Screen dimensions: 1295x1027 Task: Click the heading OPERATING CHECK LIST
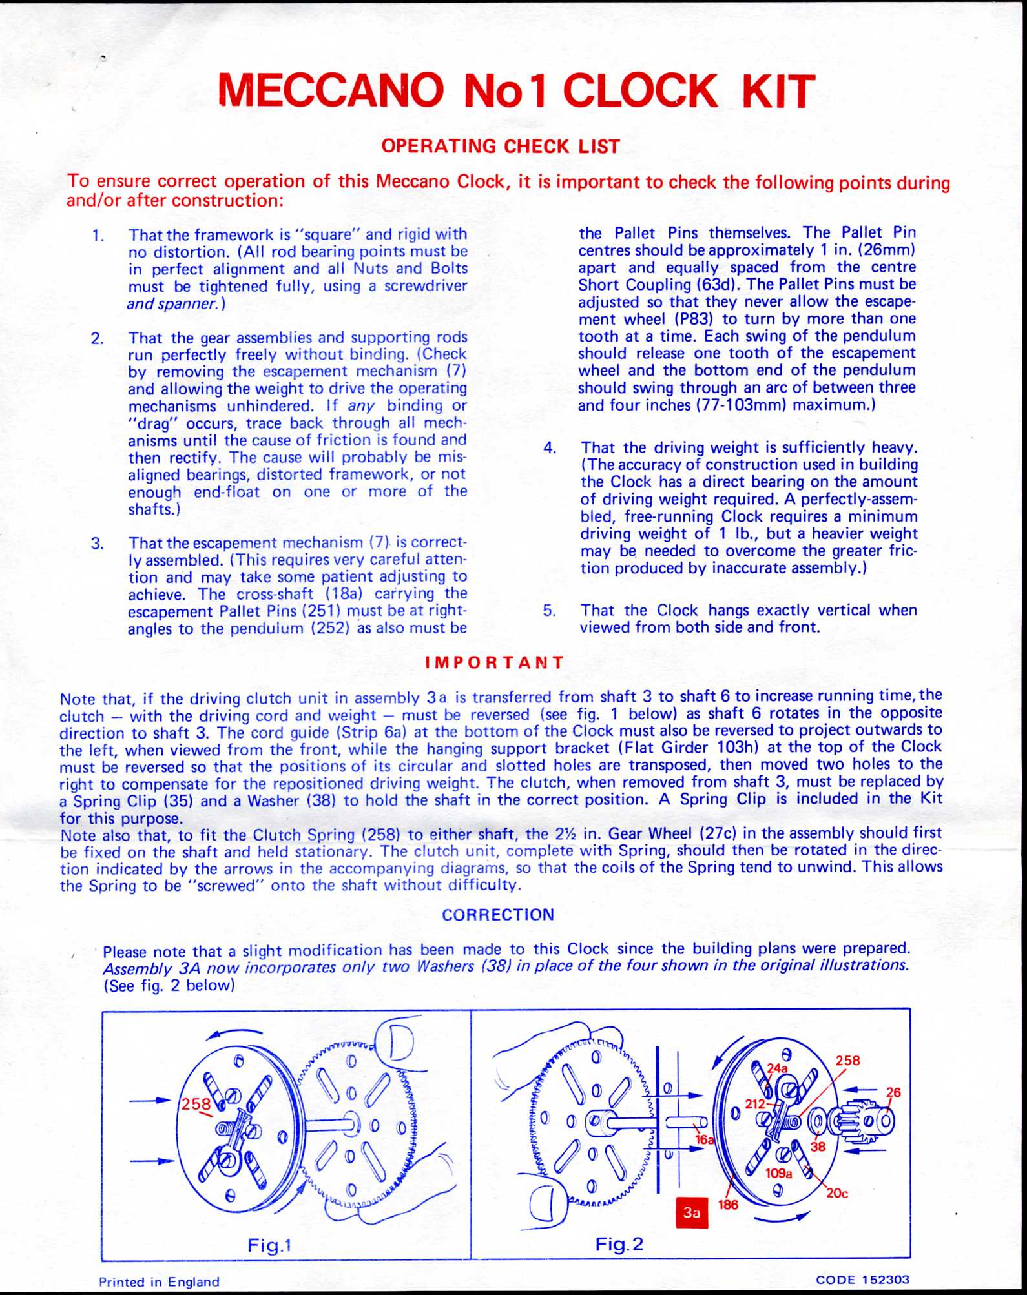coord(500,147)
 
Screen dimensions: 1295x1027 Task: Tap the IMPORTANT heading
coord(495,662)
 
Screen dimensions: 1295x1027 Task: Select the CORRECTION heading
coord(498,914)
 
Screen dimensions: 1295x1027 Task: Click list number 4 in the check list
coord(550,448)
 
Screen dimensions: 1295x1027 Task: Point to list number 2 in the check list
coord(97,338)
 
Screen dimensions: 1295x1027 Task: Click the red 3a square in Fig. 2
coord(691,1212)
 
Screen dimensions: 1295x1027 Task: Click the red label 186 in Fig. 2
coord(728,1205)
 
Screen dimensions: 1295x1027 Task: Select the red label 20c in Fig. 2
coord(836,1193)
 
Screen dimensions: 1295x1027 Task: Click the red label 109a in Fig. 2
coord(778,1173)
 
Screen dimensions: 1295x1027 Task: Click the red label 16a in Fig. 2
coord(705,1140)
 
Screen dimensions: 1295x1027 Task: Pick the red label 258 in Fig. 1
coord(195,1104)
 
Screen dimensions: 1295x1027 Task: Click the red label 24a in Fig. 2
coord(778,1068)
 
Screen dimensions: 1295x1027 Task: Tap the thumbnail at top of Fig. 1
coord(396,1048)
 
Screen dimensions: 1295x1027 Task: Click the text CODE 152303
coord(862,1280)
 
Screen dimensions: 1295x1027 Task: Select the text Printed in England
coord(159,1281)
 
